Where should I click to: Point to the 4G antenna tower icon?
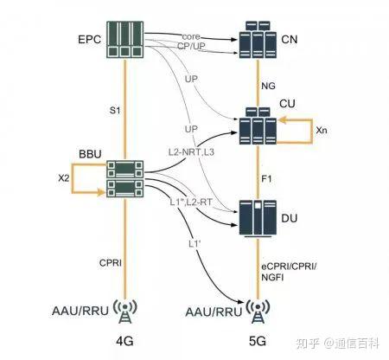pyautogui.click(x=125, y=310)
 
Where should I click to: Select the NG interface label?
pyautogui.click(x=270, y=87)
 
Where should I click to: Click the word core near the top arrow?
pyautogui.click(x=191, y=35)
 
